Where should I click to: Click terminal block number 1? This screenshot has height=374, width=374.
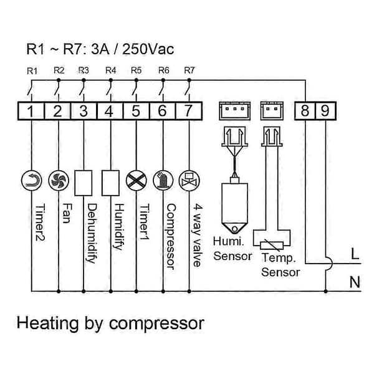[31, 111]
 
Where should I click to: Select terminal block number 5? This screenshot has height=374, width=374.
[136, 111]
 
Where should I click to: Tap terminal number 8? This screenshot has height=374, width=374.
[305, 111]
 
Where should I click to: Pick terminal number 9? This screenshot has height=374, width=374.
[325, 111]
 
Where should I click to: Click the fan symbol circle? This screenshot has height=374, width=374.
[59, 181]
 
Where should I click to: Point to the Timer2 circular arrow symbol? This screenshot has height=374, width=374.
[32, 181]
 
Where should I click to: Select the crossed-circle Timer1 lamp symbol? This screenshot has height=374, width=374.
[136, 181]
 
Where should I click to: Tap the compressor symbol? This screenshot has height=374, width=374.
[163, 181]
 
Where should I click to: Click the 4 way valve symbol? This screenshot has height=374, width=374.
[189, 181]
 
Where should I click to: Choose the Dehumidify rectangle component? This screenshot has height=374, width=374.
[84, 183]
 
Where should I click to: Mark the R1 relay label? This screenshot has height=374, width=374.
[32, 71]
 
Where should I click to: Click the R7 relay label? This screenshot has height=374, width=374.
[189, 70]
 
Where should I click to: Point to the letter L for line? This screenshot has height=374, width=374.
[355, 254]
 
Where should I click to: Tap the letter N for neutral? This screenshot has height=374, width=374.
[355, 282]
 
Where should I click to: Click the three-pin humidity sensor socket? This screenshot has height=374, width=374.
[235, 111]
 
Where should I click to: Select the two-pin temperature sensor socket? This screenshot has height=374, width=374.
[272, 111]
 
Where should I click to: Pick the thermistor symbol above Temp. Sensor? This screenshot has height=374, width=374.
[272, 246]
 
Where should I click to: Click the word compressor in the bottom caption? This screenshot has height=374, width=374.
[156, 324]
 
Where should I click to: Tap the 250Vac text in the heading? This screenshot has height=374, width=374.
[148, 49]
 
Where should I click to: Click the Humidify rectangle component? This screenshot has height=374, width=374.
[110, 183]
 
